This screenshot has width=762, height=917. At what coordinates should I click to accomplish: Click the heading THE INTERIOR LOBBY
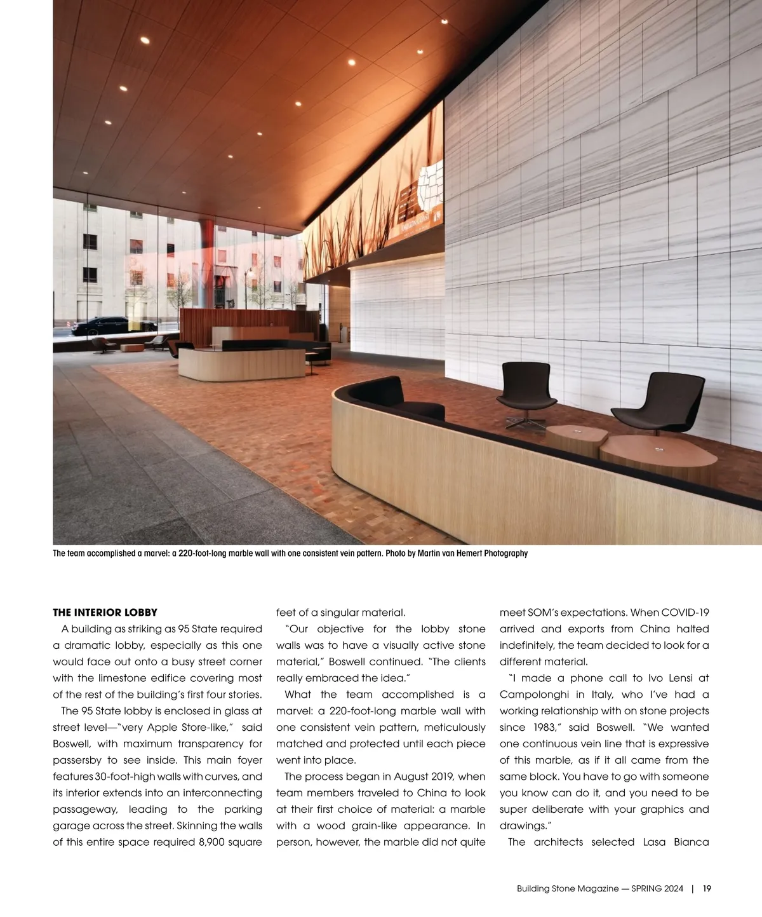(105, 613)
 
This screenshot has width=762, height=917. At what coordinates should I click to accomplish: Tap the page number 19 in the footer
(707, 889)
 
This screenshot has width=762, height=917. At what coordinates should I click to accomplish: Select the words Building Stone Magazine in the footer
(567, 889)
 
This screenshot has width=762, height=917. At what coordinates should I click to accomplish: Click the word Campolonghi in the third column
(534, 695)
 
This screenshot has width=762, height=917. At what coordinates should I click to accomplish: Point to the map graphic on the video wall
(427, 187)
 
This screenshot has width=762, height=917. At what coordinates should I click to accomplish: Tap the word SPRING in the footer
(643, 889)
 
